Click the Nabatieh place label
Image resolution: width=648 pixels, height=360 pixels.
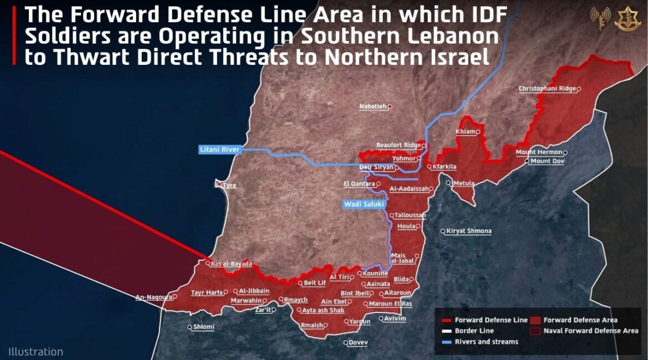[373, 106]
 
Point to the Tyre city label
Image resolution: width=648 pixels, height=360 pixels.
[229, 185]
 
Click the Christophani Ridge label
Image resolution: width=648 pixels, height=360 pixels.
[547, 89]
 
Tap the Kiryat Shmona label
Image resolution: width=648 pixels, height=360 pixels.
[469, 231]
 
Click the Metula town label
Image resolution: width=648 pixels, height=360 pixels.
[464, 183]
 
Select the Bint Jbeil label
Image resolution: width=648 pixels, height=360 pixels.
[354, 293]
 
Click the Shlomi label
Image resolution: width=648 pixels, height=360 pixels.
[203, 327]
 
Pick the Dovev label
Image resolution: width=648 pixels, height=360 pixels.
[358, 342]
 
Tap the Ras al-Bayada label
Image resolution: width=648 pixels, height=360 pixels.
[231, 264]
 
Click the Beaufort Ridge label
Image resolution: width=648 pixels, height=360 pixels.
[399, 145]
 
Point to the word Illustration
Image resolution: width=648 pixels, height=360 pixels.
[35, 352]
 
